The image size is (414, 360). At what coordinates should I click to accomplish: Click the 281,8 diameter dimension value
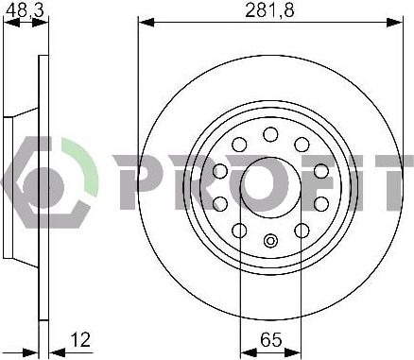(x=269, y=10)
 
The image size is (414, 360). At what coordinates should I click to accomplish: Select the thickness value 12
(x=80, y=339)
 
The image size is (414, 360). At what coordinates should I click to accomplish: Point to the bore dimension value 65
(x=271, y=339)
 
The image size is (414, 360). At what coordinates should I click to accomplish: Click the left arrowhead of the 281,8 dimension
(x=147, y=23)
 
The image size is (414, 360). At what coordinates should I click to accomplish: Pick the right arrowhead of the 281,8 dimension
(x=395, y=23)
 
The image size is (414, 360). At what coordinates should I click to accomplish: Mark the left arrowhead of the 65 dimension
(x=249, y=352)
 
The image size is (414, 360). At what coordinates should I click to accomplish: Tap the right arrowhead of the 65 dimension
(x=293, y=352)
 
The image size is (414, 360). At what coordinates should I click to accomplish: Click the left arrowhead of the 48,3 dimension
(x=11, y=23)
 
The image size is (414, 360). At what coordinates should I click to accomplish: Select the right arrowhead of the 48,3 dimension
(x=41, y=23)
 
